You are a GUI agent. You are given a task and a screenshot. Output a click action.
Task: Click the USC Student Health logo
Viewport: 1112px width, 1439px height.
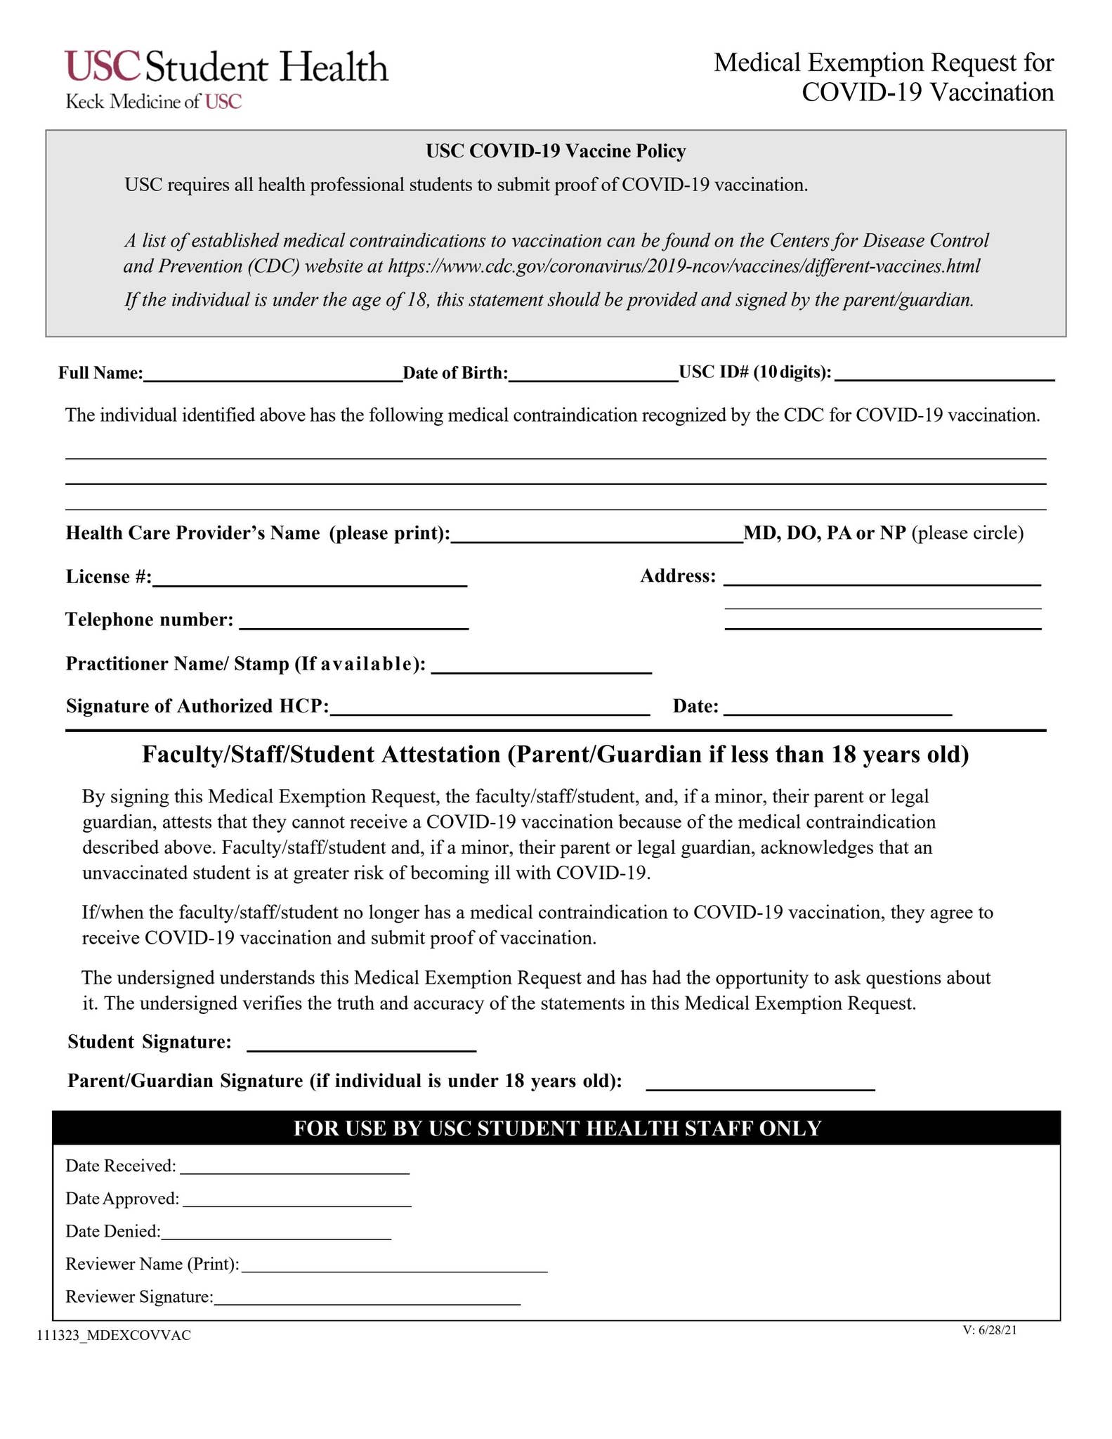click(x=226, y=79)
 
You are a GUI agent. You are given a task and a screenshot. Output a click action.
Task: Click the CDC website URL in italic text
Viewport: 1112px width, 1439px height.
click(x=684, y=266)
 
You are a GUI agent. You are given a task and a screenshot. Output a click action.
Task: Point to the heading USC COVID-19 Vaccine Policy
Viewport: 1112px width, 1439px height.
click(x=556, y=151)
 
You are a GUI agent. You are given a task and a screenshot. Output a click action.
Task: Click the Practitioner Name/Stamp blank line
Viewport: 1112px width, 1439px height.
click(x=542, y=668)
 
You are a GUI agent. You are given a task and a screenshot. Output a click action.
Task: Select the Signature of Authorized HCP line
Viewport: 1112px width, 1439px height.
click(x=490, y=710)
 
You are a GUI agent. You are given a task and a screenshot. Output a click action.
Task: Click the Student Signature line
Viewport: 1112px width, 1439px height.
click(x=362, y=1046)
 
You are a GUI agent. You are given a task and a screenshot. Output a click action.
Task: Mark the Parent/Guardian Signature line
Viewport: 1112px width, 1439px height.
click(x=760, y=1084)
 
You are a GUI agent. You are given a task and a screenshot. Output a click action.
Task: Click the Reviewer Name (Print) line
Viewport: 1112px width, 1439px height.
click(x=393, y=1267)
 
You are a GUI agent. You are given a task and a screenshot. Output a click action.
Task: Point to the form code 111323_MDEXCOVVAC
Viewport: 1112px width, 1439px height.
click(x=115, y=1336)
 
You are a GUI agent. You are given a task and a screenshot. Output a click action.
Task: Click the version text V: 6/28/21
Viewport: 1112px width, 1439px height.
click(x=990, y=1330)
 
